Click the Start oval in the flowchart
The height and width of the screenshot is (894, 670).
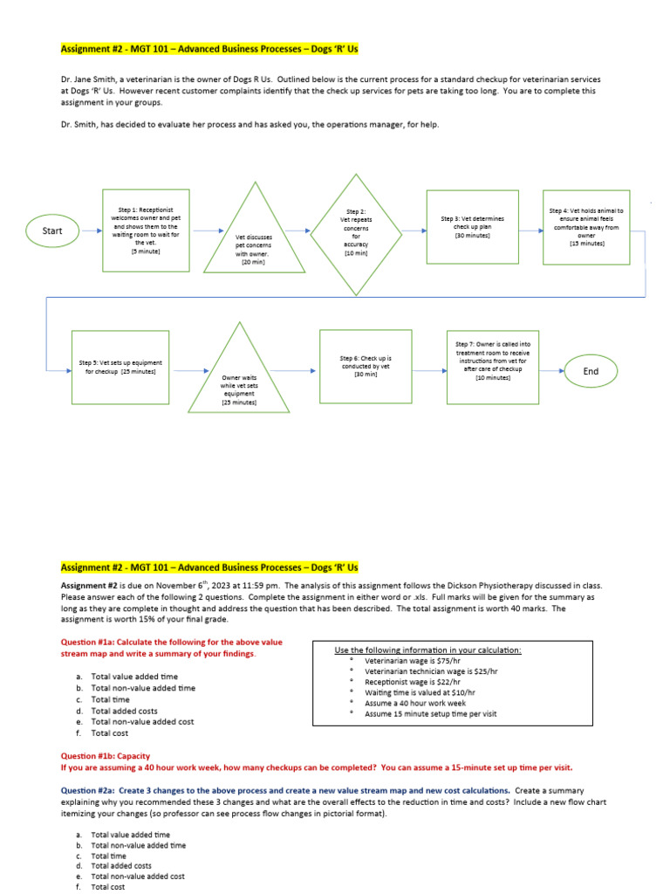[x=52, y=230]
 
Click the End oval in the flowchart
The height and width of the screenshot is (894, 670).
[x=591, y=371]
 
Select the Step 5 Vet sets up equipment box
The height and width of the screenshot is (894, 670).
[x=120, y=367]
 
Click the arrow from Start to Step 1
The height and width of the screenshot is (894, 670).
[x=88, y=230]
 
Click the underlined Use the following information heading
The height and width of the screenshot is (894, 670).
[x=427, y=650]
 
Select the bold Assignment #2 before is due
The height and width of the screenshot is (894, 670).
[x=88, y=585]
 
